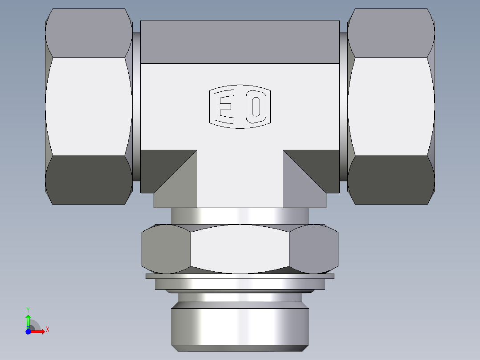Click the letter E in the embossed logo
click(x=225, y=107)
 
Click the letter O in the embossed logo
click(x=256, y=107)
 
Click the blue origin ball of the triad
click(x=28, y=331)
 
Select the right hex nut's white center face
click(x=390, y=107)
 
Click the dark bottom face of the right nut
click(x=390, y=180)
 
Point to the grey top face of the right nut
click(x=390, y=33)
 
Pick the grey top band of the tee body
click(x=240, y=42)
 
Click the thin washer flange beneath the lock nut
click(x=240, y=276)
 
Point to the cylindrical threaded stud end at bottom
click(x=240, y=325)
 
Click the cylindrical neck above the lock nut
click(x=240, y=216)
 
